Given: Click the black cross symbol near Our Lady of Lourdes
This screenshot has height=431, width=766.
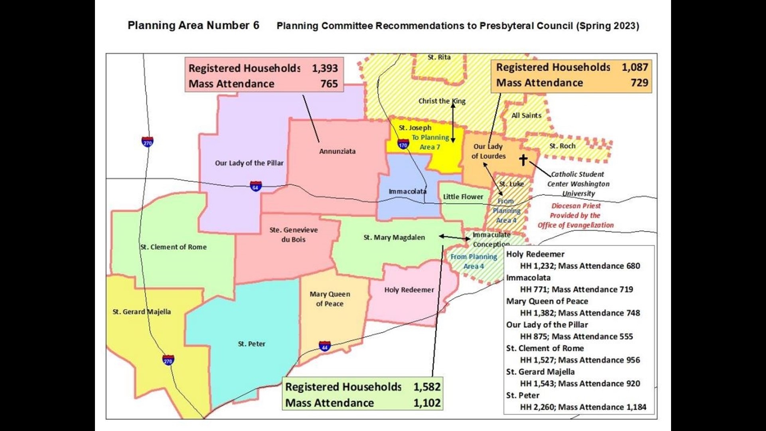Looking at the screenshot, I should (x=523, y=160).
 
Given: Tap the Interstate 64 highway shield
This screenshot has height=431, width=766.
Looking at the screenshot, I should (x=256, y=186).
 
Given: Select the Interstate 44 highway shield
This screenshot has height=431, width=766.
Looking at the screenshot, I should (x=324, y=346).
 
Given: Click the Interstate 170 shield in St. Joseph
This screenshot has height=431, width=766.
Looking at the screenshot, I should (x=403, y=144).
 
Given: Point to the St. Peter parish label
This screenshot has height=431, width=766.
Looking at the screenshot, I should (x=251, y=344).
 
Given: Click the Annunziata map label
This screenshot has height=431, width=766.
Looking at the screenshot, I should (x=337, y=151).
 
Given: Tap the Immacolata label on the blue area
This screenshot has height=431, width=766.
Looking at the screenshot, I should (x=407, y=192).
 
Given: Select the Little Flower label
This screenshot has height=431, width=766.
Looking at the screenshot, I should (x=463, y=197).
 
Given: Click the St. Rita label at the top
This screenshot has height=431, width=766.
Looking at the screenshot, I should (x=439, y=57).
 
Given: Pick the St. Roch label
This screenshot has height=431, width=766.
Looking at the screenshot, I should (x=562, y=146).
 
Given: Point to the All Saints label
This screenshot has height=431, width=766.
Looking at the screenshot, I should (x=526, y=115).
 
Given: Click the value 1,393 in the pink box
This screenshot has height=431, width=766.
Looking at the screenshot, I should (x=325, y=68).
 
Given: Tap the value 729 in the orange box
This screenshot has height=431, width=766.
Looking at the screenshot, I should (x=639, y=83).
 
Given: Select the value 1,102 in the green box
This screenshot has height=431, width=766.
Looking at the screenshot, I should (x=427, y=403).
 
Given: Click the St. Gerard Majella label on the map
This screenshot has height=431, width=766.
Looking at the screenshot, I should (x=142, y=312).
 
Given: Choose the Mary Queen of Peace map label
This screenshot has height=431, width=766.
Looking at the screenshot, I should (x=330, y=299).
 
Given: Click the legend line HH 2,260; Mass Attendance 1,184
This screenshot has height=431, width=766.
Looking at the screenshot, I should (x=583, y=407).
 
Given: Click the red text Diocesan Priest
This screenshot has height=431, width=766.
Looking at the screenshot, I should (x=576, y=206).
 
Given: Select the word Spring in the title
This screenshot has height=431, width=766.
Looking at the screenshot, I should (x=592, y=26).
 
